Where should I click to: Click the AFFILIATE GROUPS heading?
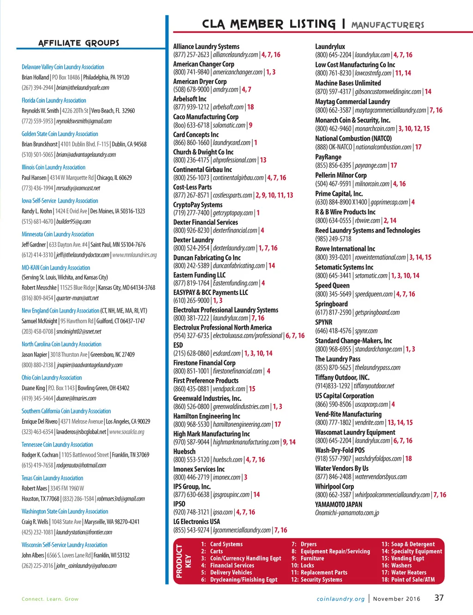[x=79, y=43]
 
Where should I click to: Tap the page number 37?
[x=439, y=597]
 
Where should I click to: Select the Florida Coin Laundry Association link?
[x=54, y=100]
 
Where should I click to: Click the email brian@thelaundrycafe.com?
[x=83, y=88]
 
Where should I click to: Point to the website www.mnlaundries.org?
[x=134, y=255]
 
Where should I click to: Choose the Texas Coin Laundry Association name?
[x=52, y=478]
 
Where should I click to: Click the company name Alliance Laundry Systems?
[x=206, y=46]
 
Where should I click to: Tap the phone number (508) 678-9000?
[x=191, y=90]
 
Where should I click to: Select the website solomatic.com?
[x=229, y=125]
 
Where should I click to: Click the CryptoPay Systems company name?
[x=198, y=204]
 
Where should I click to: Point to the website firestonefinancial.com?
[x=237, y=371]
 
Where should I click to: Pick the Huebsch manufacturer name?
[x=184, y=451]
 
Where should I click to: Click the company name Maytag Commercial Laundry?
[x=352, y=101]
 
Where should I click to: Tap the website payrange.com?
[x=371, y=166]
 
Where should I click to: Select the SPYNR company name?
[x=323, y=322]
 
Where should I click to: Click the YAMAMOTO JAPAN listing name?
[x=339, y=504]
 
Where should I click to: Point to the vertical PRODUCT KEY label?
[x=183, y=561]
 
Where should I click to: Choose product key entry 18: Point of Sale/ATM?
[x=408, y=579]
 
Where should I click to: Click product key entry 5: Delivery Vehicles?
[x=227, y=572]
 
